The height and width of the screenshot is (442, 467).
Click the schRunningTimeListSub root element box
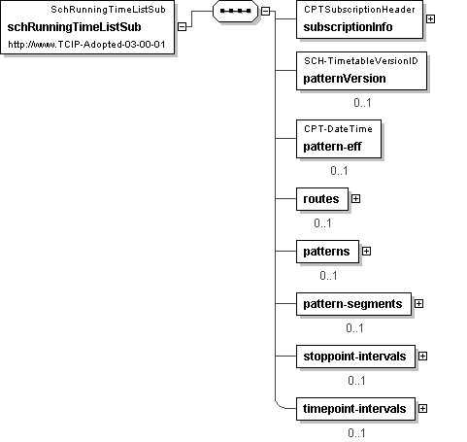87,27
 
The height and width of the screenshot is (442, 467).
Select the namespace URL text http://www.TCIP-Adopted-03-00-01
86,45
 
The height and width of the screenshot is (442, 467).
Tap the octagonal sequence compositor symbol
235,11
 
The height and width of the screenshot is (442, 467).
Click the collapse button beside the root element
183,26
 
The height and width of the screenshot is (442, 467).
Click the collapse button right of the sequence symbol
265,11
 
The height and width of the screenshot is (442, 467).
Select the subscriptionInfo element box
359,19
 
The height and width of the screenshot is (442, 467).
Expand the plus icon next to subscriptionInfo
430,19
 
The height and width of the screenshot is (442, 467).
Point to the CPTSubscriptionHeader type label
359,10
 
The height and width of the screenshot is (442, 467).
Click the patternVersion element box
361,71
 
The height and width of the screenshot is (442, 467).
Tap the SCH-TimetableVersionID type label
361,61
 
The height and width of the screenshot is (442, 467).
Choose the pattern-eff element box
339,139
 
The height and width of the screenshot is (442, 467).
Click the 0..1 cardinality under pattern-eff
339,171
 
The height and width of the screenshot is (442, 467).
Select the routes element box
322,199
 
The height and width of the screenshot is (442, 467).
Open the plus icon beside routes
355,198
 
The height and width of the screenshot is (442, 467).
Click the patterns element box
327,252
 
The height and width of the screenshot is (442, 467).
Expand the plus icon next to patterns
366,251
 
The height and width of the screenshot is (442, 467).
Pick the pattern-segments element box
353,304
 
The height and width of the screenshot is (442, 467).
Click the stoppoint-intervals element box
355,357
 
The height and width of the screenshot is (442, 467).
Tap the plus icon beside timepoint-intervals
422,409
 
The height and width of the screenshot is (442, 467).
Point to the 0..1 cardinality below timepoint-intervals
356,433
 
